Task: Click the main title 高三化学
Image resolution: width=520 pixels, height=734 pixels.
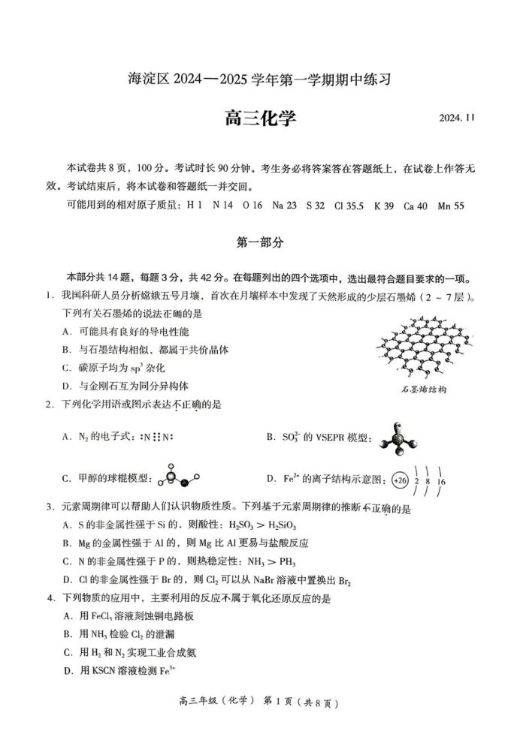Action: click(x=260, y=119)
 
